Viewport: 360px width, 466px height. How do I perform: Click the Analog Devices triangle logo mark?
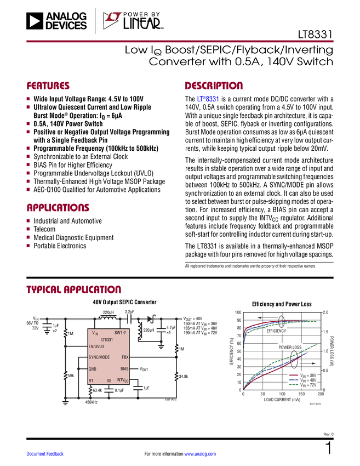pyautogui.click(x=35, y=21)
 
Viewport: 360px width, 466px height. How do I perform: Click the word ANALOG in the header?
pyautogui.click(x=66, y=16)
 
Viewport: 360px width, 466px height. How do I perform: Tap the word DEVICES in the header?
pyautogui.click(x=66, y=25)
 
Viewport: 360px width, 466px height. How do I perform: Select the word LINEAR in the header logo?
pyautogui.click(x=141, y=24)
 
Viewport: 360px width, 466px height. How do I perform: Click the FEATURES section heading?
pyautogui.click(x=48, y=86)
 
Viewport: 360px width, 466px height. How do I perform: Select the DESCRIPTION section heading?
pyautogui.click(x=214, y=86)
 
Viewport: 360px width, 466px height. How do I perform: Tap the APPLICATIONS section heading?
pyautogui.click(x=58, y=208)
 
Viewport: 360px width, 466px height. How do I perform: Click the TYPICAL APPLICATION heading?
pyautogui.click(x=73, y=289)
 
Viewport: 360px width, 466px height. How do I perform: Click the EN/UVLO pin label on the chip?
pyautogui.click(x=96, y=346)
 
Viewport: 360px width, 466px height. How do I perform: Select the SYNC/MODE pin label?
pyautogui.click(x=99, y=357)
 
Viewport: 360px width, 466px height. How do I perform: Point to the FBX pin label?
pyautogui.click(x=125, y=357)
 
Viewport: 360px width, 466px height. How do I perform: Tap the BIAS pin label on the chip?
pyautogui.click(x=124, y=369)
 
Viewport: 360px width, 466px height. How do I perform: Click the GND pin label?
pyautogui.click(x=93, y=369)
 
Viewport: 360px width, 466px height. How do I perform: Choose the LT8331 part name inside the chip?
pyautogui.click(x=107, y=340)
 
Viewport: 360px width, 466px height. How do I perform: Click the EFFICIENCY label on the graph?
pyautogui.click(x=276, y=331)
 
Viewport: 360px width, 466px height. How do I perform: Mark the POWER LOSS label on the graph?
pyautogui.click(x=290, y=347)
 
